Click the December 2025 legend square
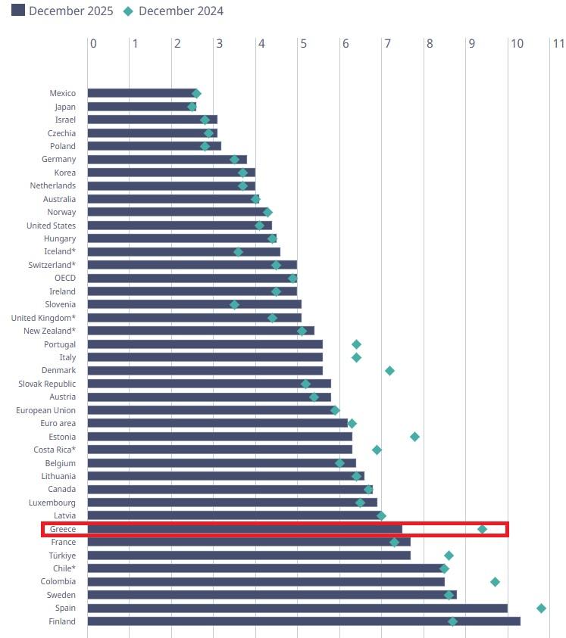pos(18,11)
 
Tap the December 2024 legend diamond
pos(128,11)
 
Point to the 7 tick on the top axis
pos(388,44)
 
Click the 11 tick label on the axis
pos(558,44)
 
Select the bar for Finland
pos(303,621)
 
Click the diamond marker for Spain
pos(541,608)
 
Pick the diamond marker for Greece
pos(482,528)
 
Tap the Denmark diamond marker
pos(389,371)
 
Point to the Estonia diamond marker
pos(414,437)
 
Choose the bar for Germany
pos(167,159)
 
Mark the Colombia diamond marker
pos(495,581)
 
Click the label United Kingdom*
pos(43,318)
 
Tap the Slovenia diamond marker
pos(234,304)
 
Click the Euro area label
pos(57,423)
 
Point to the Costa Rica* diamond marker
pos(377,450)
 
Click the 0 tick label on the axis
pos(93,44)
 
